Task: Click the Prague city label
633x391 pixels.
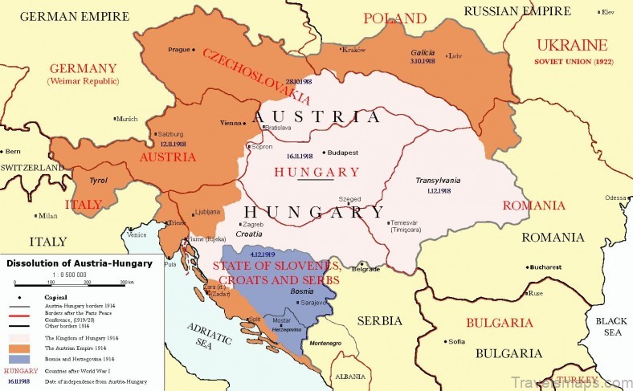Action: coord(179,50)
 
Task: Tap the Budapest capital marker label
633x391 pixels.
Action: coord(345,152)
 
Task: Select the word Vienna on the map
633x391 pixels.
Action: coord(231,123)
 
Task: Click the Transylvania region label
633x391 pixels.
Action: coord(438,181)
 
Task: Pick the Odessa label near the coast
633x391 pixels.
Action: coord(615,198)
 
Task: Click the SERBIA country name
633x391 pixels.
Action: coord(379,320)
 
